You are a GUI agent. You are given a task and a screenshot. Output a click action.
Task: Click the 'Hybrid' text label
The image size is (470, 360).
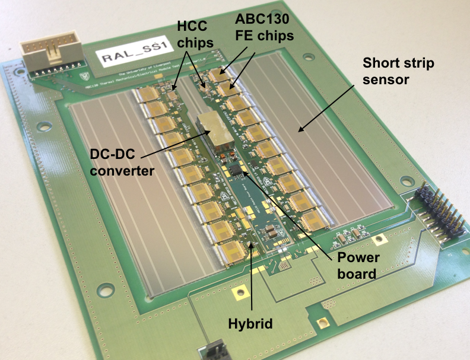pyautogui.click(x=250, y=324)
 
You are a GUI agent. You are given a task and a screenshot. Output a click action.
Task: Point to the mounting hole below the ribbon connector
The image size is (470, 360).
pyautogui.click(x=42, y=126)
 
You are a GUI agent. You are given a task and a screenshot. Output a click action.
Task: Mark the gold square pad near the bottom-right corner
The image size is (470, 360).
pyautogui.click(x=323, y=323)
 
